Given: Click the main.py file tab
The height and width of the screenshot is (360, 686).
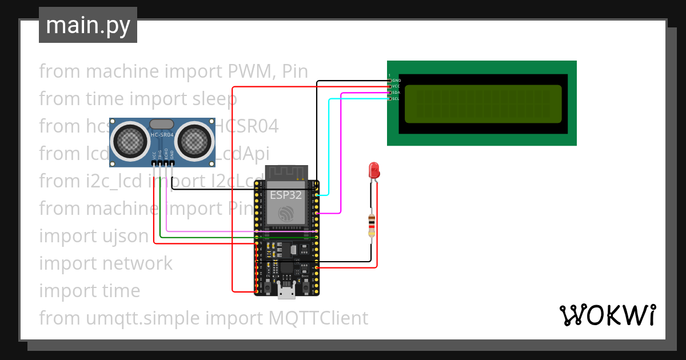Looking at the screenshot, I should [87, 25].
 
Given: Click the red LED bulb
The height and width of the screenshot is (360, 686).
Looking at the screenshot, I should [374, 170].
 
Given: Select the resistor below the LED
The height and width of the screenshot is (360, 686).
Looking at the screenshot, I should [372, 226].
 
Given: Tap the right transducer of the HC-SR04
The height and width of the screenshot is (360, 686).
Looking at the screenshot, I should [194, 139].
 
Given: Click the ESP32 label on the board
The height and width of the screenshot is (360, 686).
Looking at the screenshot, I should [286, 194].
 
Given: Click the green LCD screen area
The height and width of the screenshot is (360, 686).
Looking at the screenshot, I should [483, 104].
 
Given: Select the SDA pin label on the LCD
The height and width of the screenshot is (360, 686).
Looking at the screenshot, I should [396, 93].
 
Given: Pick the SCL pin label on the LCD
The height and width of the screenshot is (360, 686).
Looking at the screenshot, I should [396, 99].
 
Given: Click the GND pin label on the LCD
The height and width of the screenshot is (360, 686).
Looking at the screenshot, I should [396, 81].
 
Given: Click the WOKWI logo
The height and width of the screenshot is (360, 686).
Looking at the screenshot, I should [607, 315].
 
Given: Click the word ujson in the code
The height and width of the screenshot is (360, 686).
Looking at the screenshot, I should [126, 236].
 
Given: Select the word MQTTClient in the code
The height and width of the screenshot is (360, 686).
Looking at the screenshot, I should [318, 318].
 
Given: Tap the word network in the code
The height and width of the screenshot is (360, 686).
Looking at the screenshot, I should [137, 263].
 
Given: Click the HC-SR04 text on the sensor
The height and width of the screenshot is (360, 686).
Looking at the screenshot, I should [162, 135].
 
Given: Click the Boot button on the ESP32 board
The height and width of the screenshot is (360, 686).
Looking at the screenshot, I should [305, 284].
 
